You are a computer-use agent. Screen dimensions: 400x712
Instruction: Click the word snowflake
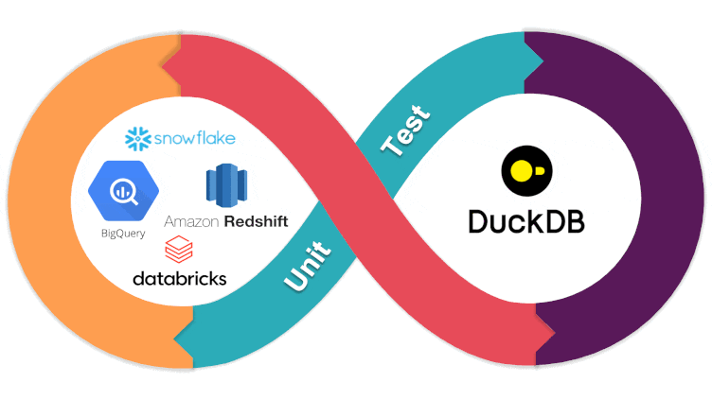point(194,139)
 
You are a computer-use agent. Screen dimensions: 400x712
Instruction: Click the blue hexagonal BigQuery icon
point(119,192)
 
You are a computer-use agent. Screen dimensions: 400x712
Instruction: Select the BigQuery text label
point(119,232)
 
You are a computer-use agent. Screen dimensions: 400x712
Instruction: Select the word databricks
point(180,279)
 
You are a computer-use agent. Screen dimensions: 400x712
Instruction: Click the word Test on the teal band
point(405,131)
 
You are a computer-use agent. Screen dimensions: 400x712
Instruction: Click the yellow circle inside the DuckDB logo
point(521,171)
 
